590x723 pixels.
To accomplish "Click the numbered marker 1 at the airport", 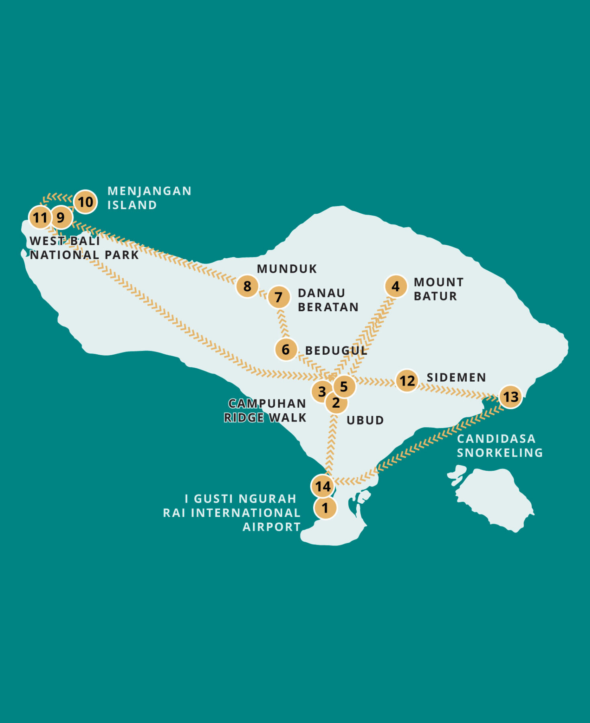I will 325,508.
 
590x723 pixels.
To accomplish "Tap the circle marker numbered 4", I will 396,286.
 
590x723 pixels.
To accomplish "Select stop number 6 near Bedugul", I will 286,349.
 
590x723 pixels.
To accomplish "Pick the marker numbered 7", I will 278,297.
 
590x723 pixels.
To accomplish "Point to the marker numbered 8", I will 247,286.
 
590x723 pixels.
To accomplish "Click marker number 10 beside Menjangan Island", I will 85,202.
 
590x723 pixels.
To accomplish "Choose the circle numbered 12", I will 407,381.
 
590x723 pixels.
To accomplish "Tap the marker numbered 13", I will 511,397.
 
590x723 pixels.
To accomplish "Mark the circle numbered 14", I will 323,486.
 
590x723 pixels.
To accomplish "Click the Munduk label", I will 287,269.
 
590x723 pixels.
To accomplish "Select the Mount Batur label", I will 439,289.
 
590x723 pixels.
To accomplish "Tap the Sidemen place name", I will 456,378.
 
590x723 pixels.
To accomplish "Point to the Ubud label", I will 365,420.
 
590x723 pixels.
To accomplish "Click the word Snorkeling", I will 500,453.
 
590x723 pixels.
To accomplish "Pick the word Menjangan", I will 149,191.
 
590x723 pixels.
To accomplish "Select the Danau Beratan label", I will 328,300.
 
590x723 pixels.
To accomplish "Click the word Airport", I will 272,527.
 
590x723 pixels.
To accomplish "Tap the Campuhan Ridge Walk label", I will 266,411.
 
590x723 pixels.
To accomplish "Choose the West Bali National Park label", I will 84,248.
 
